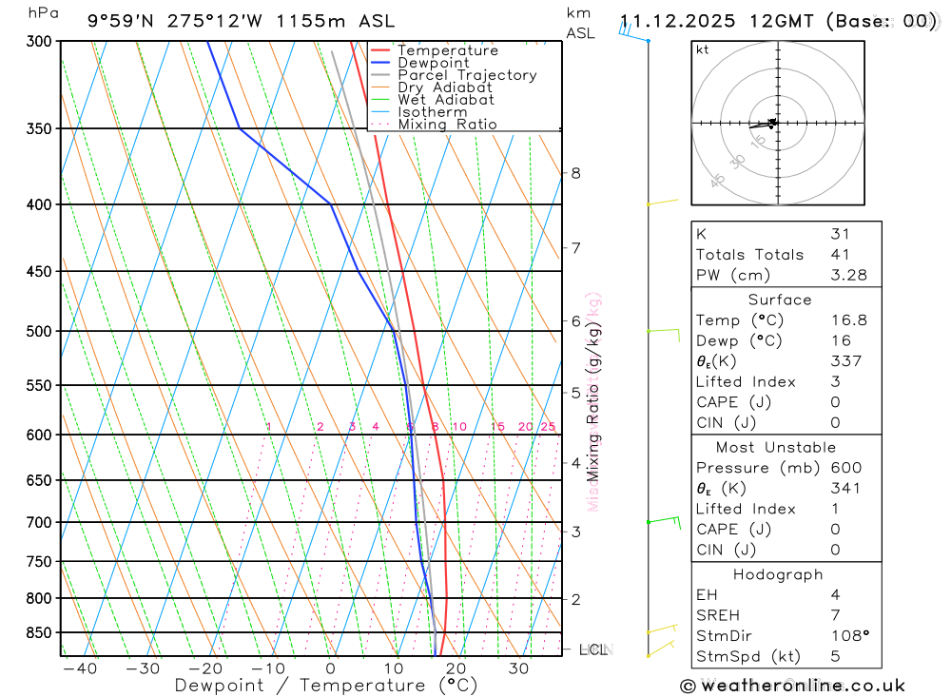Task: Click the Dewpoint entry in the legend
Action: pos(433,63)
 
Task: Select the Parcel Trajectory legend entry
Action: pos(467,75)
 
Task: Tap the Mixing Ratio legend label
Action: pos(447,125)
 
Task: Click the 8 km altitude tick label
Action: pos(575,173)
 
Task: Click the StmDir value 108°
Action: pos(846,635)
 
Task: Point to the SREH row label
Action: pos(717,614)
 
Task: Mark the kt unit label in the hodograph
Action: pos(703,49)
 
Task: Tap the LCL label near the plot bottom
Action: pos(592,650)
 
